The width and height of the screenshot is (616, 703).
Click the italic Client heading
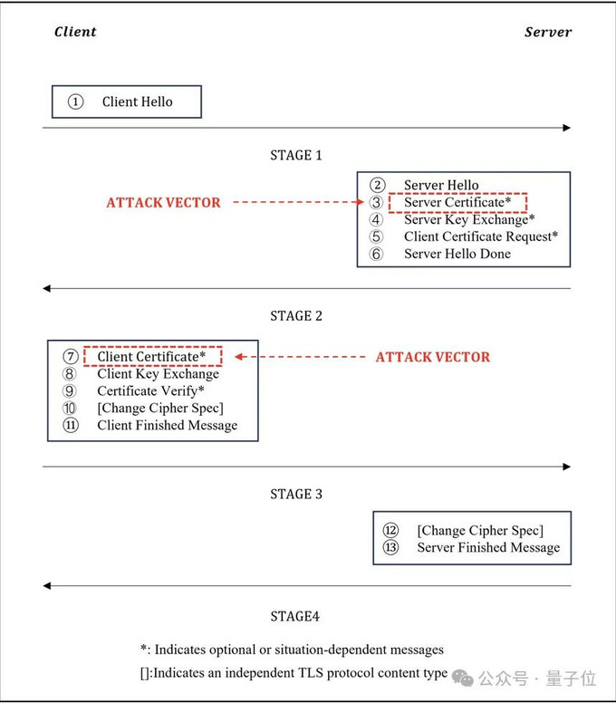click(x=75, y=32)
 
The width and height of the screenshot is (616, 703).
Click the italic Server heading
click(x=548, y=32)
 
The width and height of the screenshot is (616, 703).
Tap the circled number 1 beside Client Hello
click(x=75, y=101)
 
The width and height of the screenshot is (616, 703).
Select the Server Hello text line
click(x=441, y=185)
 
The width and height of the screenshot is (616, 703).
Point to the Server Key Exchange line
click(x=469, y=219)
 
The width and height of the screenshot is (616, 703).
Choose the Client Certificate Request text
click(x=481, y=236)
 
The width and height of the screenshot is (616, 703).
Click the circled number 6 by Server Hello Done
click(x=376, y=254)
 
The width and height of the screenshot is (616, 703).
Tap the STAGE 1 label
click(x=296, y=155)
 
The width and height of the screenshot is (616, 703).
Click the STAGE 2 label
click(x=296, y=315)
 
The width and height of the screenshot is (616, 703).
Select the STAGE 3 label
click(x=296, y=494)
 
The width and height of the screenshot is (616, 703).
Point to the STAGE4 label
click(x=294, y=616)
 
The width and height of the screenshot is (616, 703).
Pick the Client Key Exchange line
click(x=158, y=374)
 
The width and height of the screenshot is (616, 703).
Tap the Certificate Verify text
click(x=150, y=391)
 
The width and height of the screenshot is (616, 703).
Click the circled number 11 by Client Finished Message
click(x=71, y=425)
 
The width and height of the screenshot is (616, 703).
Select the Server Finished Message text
click(x=488, y=547)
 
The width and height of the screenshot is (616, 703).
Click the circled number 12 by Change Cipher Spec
click(x=390, y=530)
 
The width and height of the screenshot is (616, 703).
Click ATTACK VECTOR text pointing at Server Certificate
click(x=163, y=202)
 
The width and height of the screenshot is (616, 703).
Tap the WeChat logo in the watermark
click(x=463, y=678)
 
